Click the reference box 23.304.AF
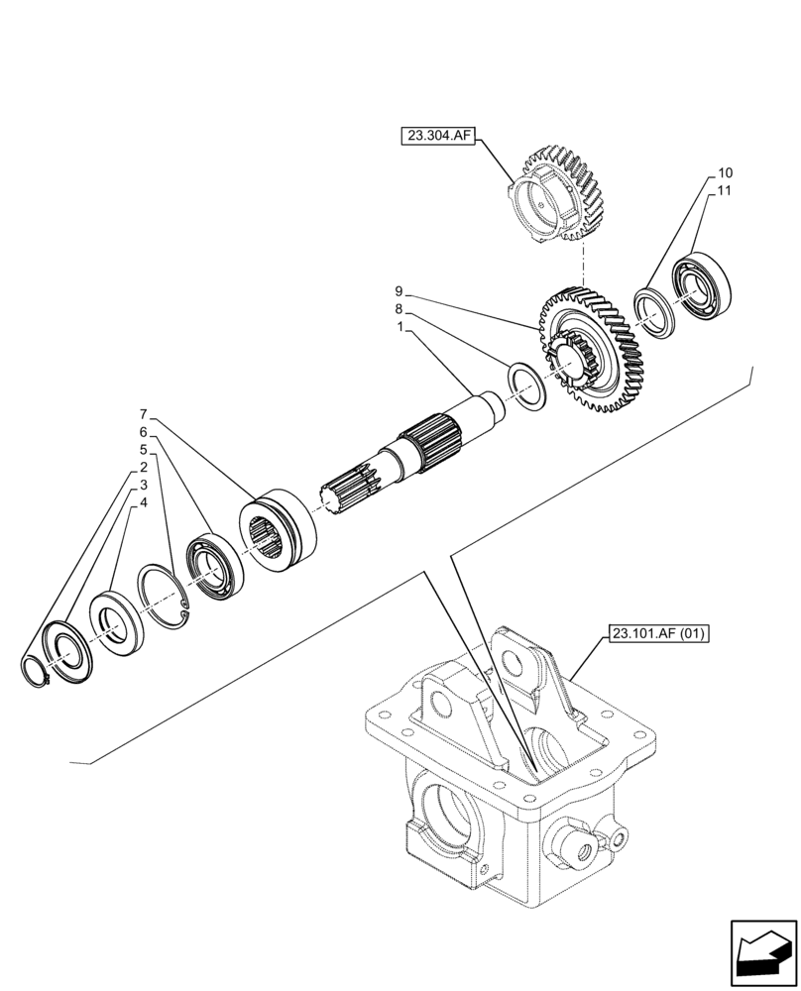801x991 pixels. click(x=439, y=136)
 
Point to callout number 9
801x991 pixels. click(x=399, y=291)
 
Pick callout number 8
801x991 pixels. click(x=399, y=308)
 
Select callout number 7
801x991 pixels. click(x=144, y=414)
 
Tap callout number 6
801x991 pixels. click(x=144, y=432)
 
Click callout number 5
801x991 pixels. click(x=144, y=449)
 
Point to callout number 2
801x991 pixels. click(x=144, y=467)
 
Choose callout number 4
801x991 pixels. click(x=144, y=502)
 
